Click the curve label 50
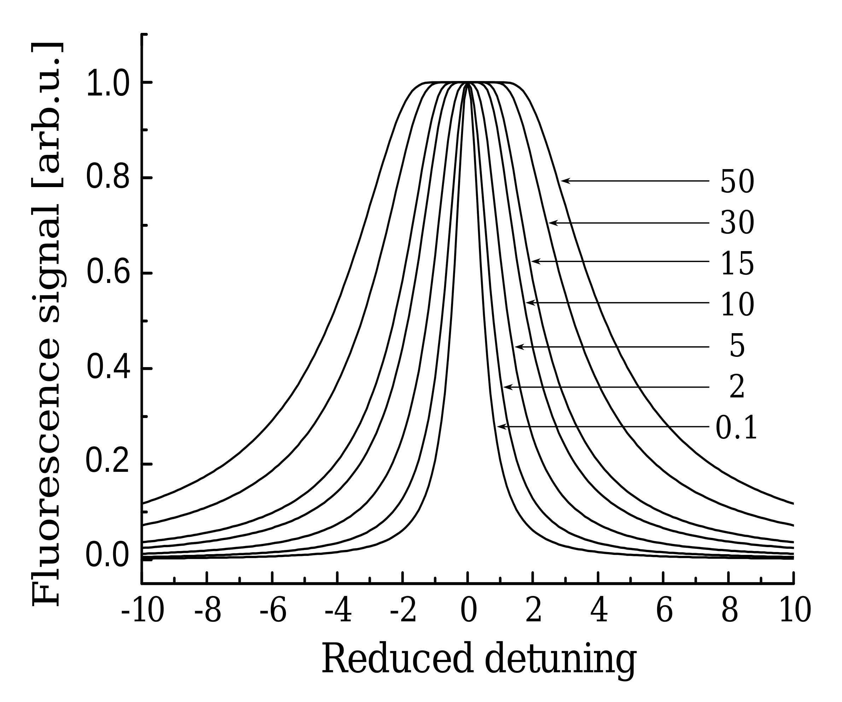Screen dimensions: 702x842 [x=737, y=182]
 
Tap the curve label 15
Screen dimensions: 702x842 [x=737, y=264]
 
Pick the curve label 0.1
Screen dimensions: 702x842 [x=736, y=428]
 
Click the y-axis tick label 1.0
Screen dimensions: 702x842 [x=107, y=83]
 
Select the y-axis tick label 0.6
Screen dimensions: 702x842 [x=107, y=273]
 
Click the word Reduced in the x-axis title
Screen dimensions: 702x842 [x=397, y=658]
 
